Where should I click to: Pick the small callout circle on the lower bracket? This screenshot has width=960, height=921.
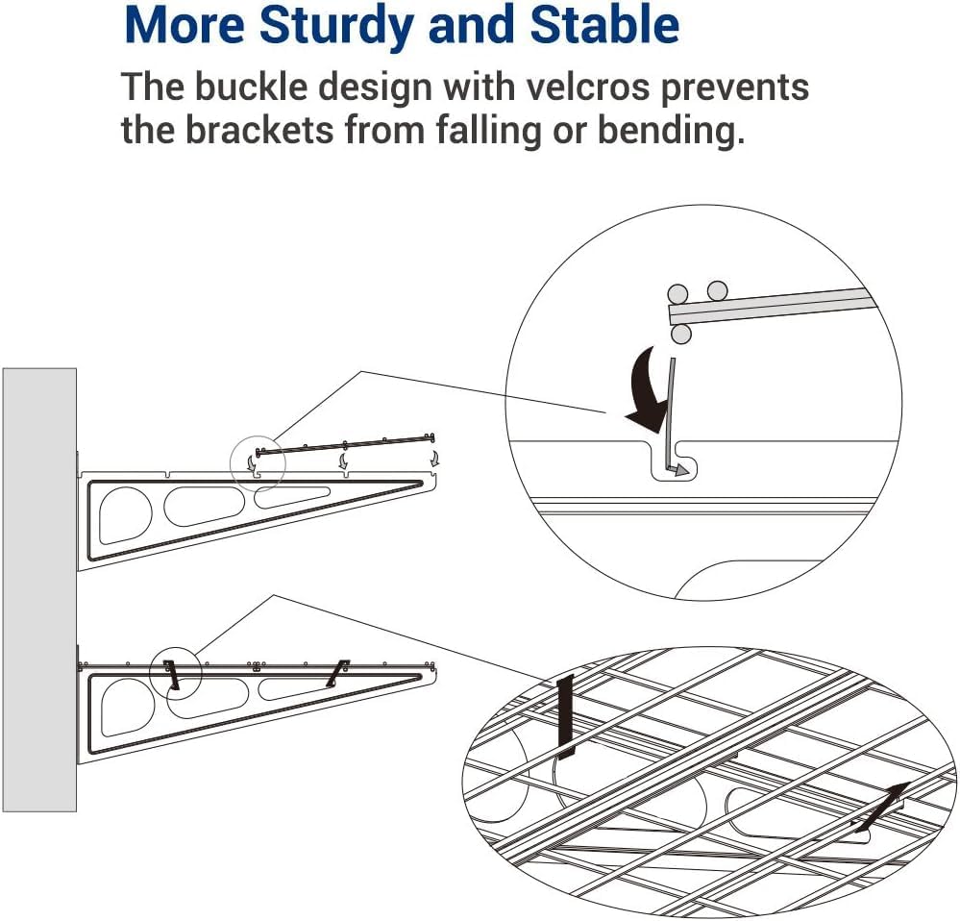pos(175,673)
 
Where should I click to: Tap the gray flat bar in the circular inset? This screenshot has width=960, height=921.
pos(769,306)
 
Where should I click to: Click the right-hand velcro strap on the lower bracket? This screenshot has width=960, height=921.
pos(337,673)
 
